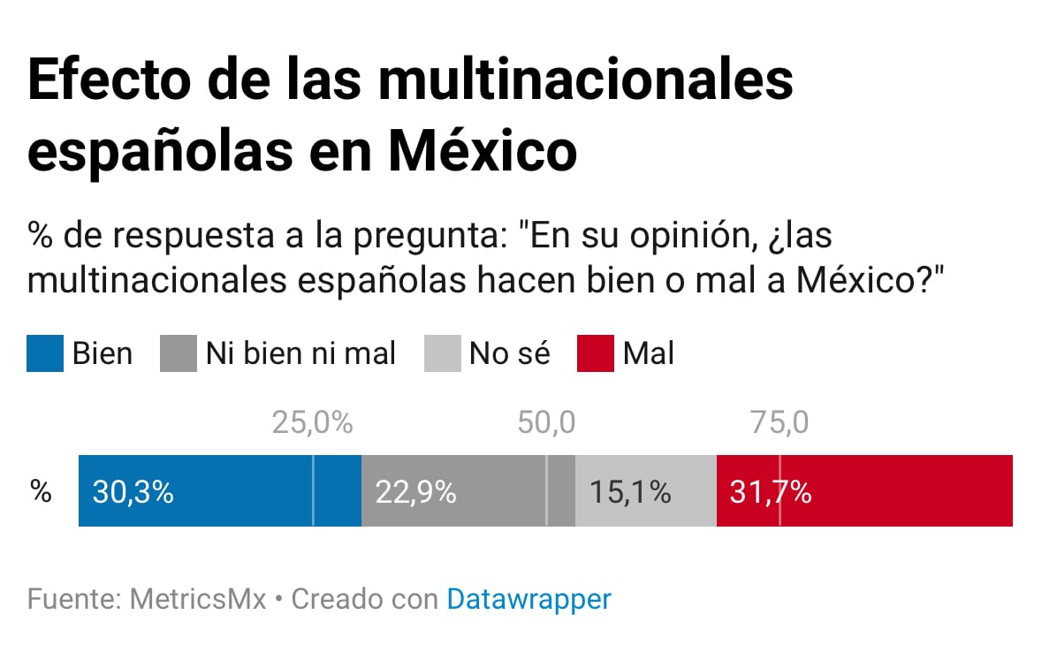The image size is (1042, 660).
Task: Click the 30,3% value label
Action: (x=133, y=492)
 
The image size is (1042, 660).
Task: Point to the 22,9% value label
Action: (x=415, y=492)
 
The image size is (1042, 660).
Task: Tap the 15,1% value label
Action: (x=630, y=492)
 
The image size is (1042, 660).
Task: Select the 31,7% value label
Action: (x=771, y=492)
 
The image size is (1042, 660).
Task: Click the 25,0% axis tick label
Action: (x=312, y=423)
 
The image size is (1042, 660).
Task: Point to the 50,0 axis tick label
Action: (x=546, y=423)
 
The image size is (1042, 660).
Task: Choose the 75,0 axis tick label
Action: (x=780, y=423)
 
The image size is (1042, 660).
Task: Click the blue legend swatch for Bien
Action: (x=45, y=353)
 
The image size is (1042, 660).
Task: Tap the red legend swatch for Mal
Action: (x=595, y=353)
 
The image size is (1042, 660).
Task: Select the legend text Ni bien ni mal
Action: (x=300, y=353)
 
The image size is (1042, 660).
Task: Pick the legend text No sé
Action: (x=509, y=353)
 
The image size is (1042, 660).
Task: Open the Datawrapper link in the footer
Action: (x=529, y=599)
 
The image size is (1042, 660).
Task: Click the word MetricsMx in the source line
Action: (x=198, y=599)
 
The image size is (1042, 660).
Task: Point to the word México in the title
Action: (x=483, y=150)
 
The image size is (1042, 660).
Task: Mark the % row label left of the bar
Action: (x=41, y=492)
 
